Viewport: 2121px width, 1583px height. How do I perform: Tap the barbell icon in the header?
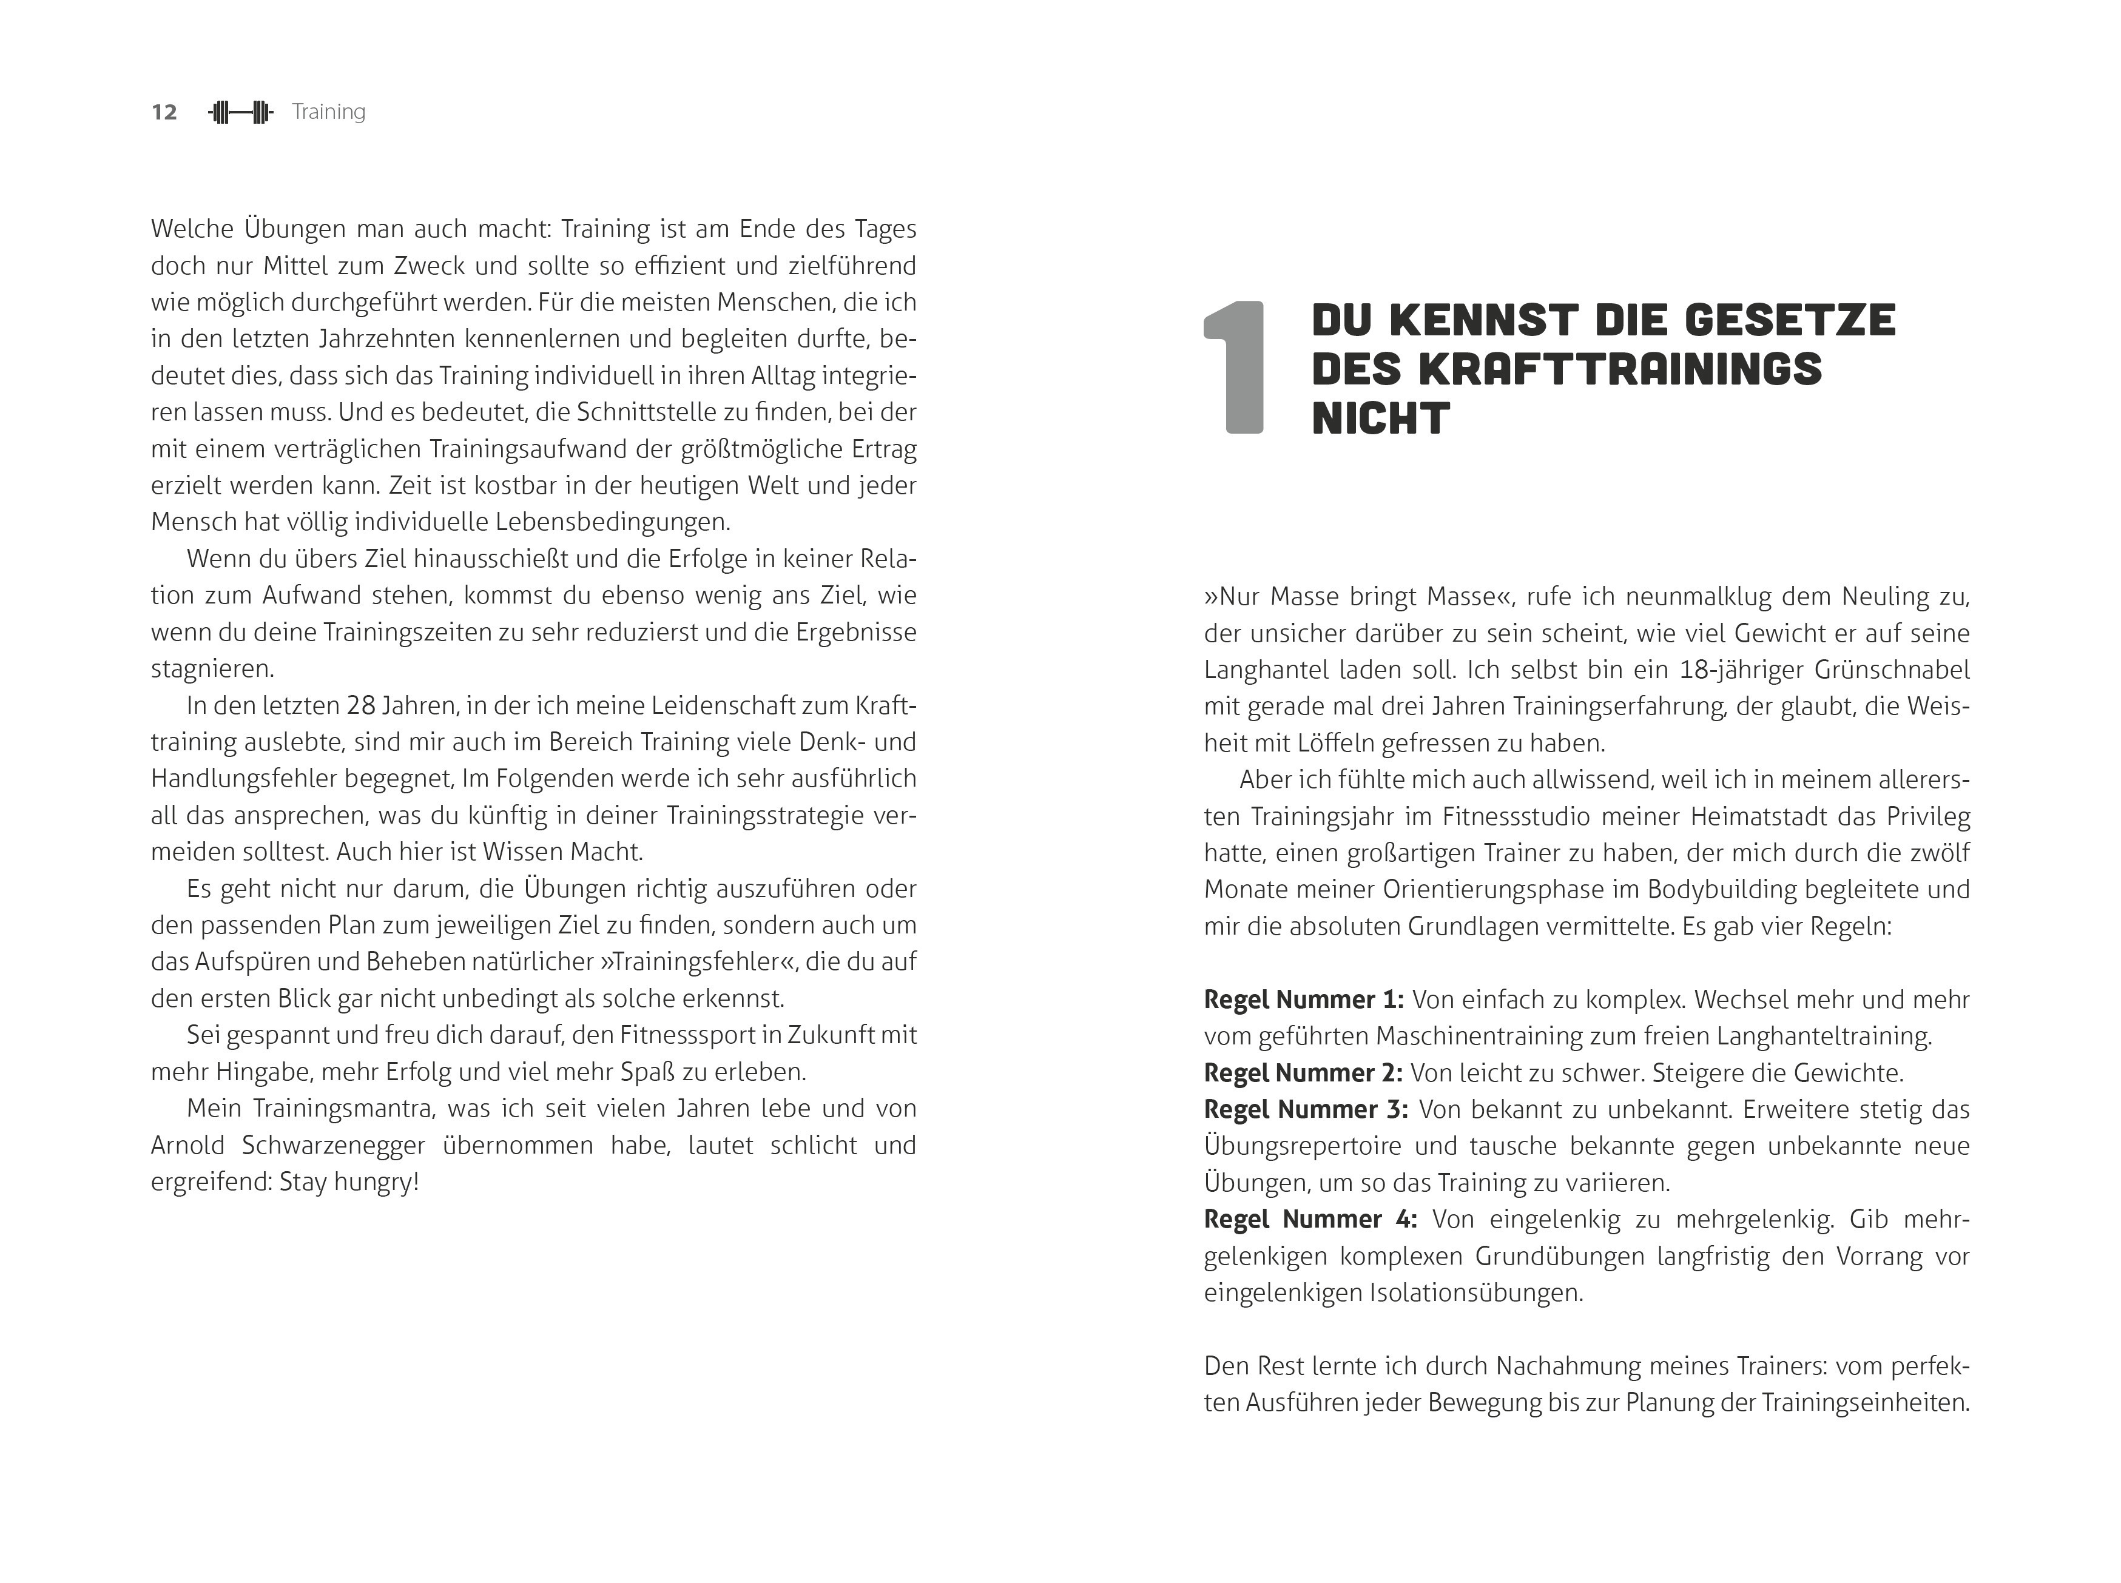click(x=241, y=112)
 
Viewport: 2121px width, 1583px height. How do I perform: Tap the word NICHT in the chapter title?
click(x=1380, y=418)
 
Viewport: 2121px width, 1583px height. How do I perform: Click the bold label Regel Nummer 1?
click(x=1303, y=1000)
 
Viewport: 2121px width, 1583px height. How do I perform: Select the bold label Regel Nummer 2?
click(x=1303, y=1072)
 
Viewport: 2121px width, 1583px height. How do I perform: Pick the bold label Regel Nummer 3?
click(x=1306, y=1110)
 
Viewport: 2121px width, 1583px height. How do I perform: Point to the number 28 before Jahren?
click(x=360, y=705)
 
